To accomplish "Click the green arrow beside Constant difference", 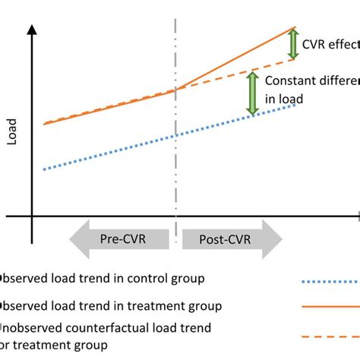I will [x=252, y=93].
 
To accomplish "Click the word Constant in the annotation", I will [x=289, y=80].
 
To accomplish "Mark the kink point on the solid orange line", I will [x=176, y=90].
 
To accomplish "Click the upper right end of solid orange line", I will [x=295, y=28].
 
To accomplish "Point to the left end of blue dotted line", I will [x=45, y=169].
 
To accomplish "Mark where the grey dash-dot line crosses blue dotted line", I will [x=176, y=136].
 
